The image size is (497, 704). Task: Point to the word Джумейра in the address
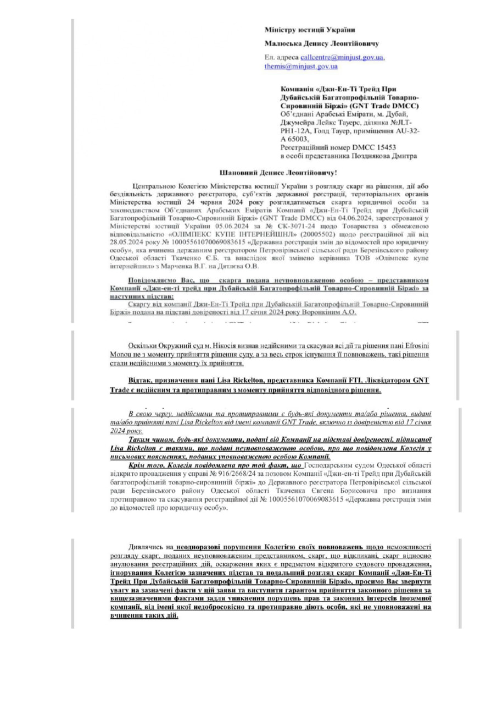[296, 123]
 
